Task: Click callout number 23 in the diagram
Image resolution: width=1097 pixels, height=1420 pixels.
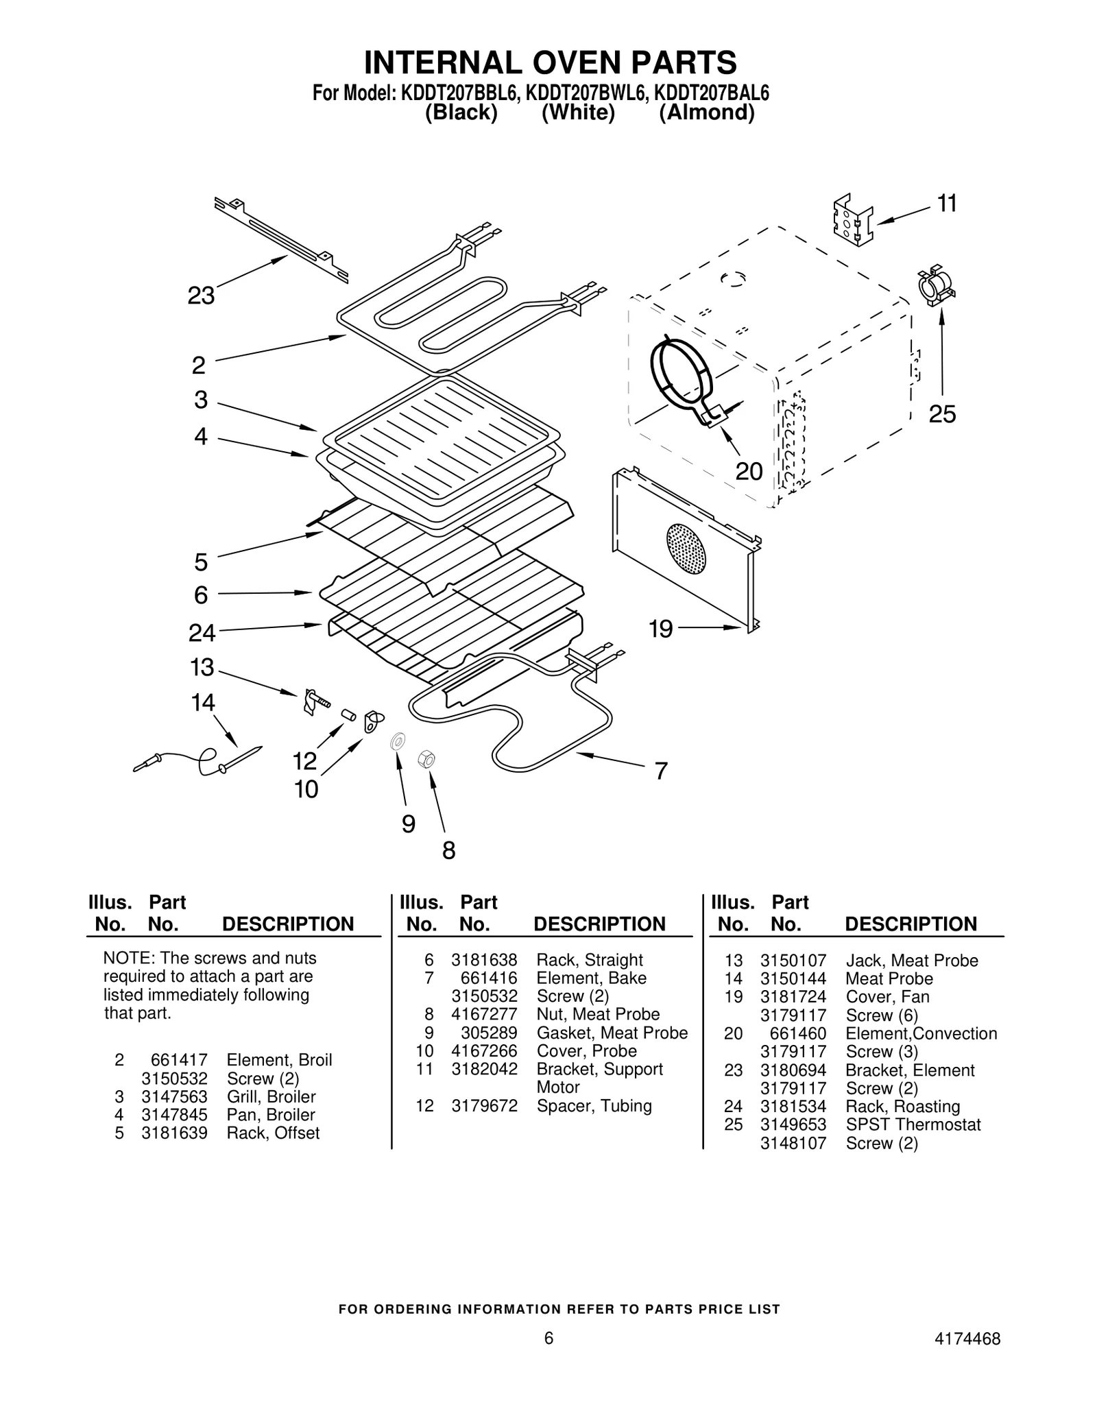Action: click(201, 296)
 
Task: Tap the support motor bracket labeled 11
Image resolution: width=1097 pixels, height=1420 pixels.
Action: click(852, 221)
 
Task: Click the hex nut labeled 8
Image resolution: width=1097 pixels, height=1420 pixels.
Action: click(426, 759)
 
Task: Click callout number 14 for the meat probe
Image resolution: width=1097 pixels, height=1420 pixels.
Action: click(203, 703)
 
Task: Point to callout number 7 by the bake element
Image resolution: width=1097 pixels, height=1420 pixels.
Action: click(660, 771)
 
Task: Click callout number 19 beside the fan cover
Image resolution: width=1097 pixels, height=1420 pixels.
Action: click(661, 629)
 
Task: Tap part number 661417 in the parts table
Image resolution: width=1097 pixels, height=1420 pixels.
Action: click(179, 1060)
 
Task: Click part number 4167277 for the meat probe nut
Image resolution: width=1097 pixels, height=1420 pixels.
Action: click(484, 1014)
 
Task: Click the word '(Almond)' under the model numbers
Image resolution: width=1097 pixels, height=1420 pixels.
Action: click(706, 112)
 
